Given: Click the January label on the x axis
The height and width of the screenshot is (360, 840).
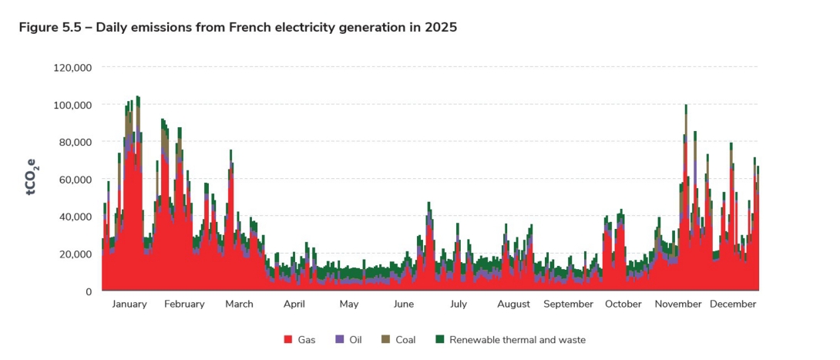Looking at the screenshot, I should (x=129, y=304).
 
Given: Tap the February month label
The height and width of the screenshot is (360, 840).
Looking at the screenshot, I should (x=184, y=304).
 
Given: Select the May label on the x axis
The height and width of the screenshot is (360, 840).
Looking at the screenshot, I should (x=349, y=304).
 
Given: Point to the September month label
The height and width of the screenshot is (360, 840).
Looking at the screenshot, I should (x=568, y=304).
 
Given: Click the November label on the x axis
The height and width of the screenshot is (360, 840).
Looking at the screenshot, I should (x=678, y=304).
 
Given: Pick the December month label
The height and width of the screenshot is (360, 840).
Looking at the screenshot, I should (x=733, y=304).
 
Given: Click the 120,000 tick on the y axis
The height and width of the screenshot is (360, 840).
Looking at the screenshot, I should (x=72, y=68).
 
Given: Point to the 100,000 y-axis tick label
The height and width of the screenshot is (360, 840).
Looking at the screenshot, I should (x=72, y=105).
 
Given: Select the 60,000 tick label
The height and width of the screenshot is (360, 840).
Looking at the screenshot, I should (x=76, y=180).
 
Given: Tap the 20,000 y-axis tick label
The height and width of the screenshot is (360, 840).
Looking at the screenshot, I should (x=76, y=254).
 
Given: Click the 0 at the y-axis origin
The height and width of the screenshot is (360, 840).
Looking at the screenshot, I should (x=89, y=291).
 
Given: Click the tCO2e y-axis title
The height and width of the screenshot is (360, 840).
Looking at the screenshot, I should (x=32, y=178).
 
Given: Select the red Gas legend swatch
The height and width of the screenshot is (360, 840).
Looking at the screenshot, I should (x=287, y=340).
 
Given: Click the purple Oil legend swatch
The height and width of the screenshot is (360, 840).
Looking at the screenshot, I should (x=340, y=340).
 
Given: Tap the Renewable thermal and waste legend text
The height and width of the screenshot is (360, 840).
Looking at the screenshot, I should (x=517, y=340).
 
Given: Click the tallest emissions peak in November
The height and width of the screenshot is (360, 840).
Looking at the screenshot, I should (x=686, y=106).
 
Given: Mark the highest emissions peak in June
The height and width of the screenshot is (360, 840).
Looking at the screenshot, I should (x=428, y=204).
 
